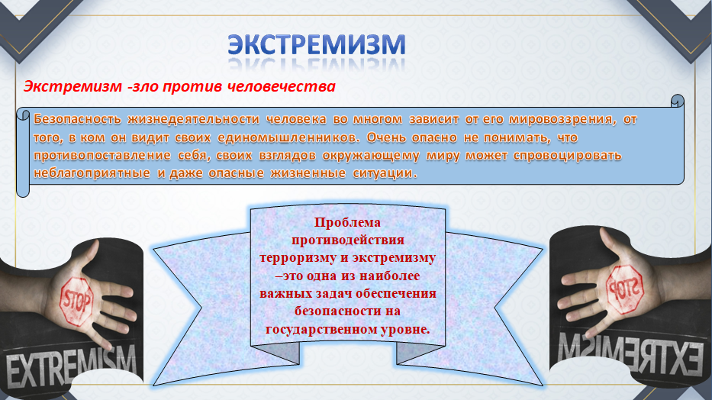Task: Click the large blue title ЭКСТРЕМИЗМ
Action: tap(316, 45)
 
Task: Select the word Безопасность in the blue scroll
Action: tap(77, 119)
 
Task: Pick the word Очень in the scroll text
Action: tap(386, 137)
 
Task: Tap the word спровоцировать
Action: tap(567, 156)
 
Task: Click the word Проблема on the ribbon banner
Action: tap(347, 222)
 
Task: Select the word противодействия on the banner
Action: tap(348, 240)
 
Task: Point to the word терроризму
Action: tap(298, 258)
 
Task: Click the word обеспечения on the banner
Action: tap(396, 293)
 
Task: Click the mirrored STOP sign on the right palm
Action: tap(625, 289)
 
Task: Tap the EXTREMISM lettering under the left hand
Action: tap(71, 365)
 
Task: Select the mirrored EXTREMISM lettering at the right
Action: tap(630, 353)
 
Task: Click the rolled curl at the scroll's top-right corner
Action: tap(677, 102)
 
